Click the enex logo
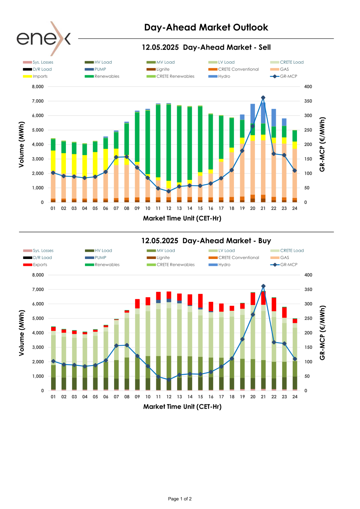44,38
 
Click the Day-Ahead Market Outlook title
206,27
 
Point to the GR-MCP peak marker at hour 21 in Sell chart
263,98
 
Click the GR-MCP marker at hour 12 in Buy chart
169,380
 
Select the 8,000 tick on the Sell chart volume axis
38,87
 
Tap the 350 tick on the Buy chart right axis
308,290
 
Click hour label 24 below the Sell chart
294,208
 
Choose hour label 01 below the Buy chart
53,397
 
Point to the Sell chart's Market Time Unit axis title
182,218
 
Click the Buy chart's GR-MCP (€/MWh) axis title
322,333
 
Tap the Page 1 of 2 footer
180,499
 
